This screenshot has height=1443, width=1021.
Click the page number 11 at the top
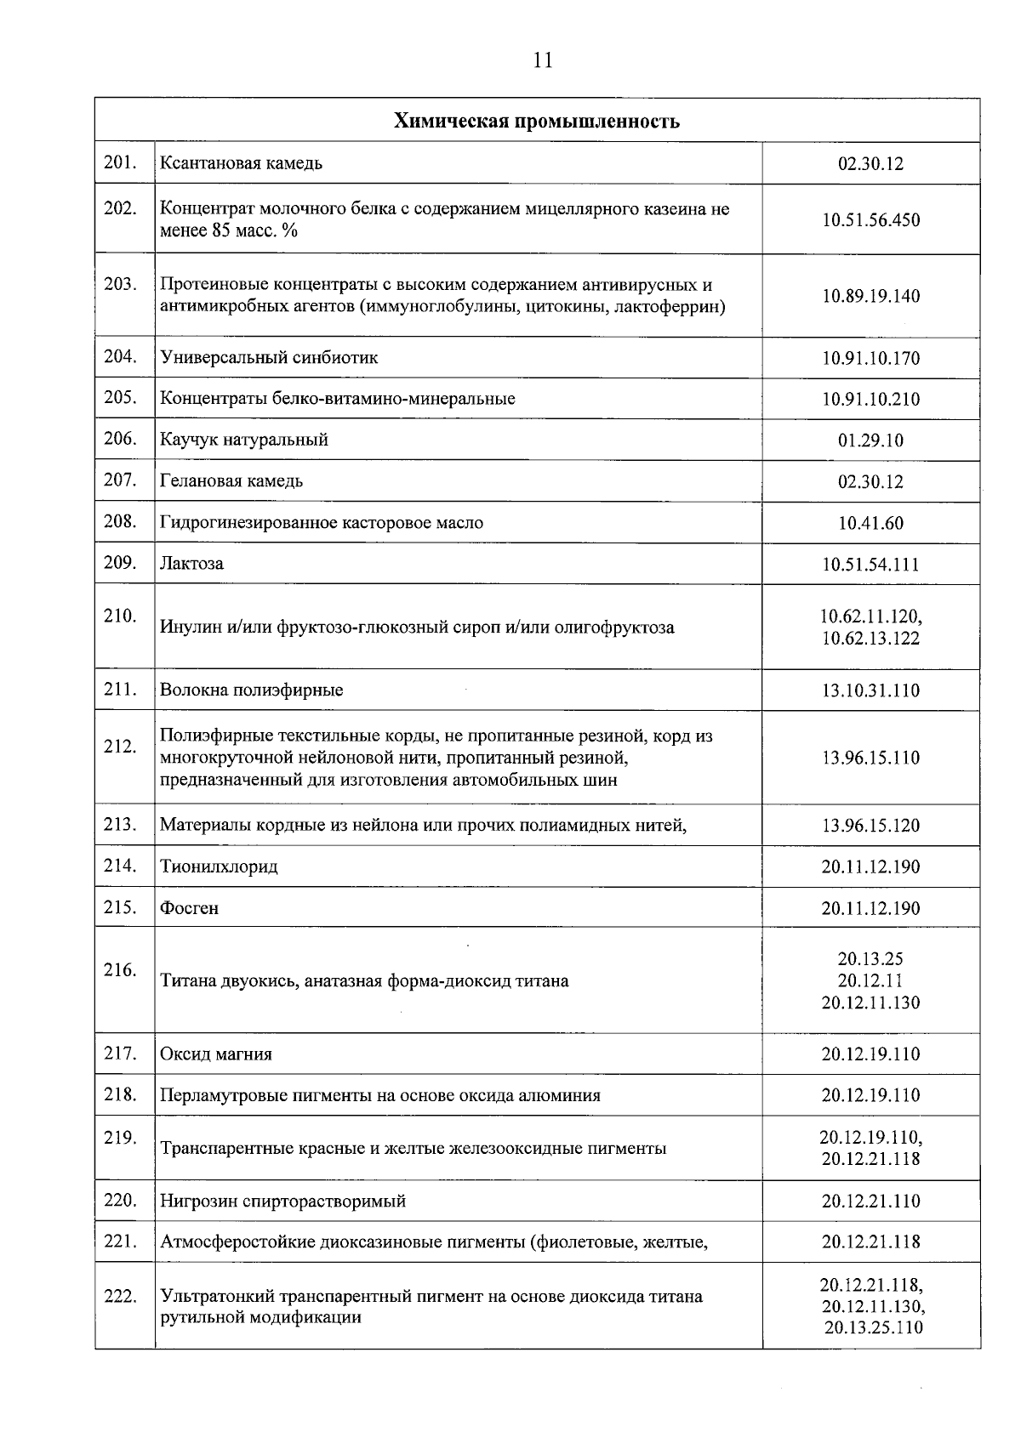[543, 60]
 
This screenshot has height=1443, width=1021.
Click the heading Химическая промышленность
[536, 121]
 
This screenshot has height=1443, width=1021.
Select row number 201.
[121, 162]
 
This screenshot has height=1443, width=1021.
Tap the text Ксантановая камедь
[241, 162]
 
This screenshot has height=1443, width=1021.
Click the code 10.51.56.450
[870, 220]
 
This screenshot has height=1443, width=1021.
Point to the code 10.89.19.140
[870, 296]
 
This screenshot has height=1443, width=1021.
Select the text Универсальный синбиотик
[269, 357]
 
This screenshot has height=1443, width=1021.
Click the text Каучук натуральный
[243, 440]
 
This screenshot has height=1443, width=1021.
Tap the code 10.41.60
[870, 523]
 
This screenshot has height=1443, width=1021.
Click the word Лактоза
[192, 564]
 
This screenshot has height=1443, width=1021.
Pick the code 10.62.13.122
[870, 638]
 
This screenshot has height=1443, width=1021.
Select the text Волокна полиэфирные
[251, 690]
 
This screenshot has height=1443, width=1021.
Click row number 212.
[121, 747]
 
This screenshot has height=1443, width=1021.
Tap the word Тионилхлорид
[219, 866]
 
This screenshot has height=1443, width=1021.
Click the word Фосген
[189, 908]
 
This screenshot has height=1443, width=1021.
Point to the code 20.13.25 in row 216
[870, 960]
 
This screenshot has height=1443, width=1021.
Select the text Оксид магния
[216, 1054]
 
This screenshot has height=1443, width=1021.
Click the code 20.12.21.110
[870, 1202]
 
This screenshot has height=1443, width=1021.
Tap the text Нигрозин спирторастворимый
[282, 1202]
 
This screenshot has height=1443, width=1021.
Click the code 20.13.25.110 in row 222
[873, 1327]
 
